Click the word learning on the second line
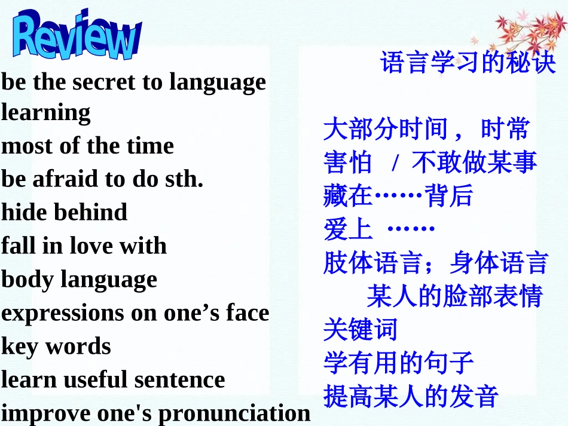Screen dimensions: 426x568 pos(46,112)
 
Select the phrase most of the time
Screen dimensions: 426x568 pos(87,146)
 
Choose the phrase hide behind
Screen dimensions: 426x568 pos(64,212)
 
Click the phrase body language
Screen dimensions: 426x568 pos(79,280)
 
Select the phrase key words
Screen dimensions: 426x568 pos(56,347)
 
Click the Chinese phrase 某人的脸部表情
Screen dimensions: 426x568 pos(454,296)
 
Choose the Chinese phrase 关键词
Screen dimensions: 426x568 pos(360,329)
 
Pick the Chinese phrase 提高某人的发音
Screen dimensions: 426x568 pos(411,396)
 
